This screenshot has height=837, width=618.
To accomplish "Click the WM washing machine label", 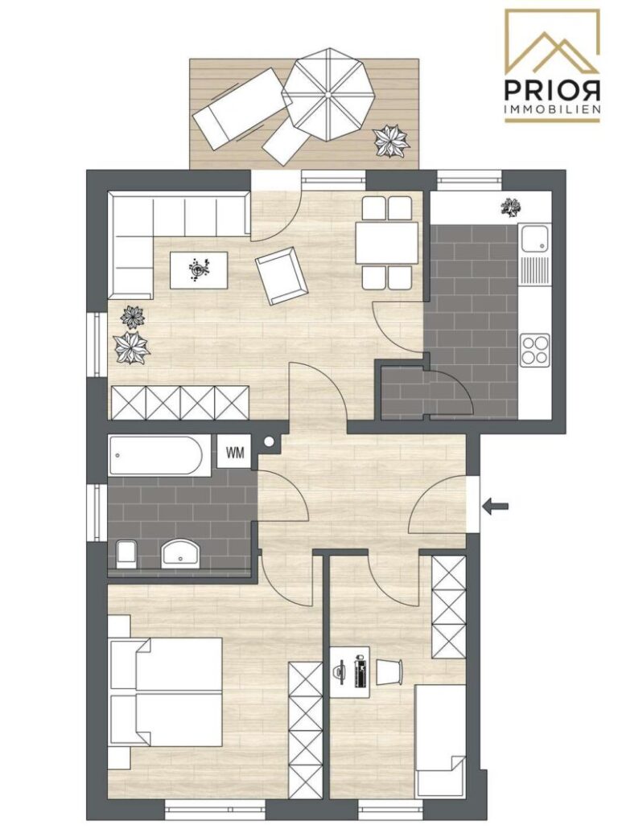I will coord(236,452).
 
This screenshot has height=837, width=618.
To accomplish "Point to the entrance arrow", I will coord(496,506).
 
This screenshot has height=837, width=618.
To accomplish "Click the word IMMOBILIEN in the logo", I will coord(552,109).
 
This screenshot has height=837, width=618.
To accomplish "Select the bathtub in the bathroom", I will coord(156,456).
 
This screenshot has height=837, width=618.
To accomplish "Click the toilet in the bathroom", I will coord(126,553).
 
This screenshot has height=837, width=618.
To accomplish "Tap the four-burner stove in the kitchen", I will coord(534,349).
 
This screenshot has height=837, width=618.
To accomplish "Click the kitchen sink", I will coord(534,239).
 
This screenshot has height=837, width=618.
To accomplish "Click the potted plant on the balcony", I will coord(391,141).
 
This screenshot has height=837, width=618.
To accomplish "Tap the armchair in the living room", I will coord(281,275).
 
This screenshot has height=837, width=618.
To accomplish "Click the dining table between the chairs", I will coord(387,242).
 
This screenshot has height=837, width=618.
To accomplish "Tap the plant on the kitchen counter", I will coord(509,207).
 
